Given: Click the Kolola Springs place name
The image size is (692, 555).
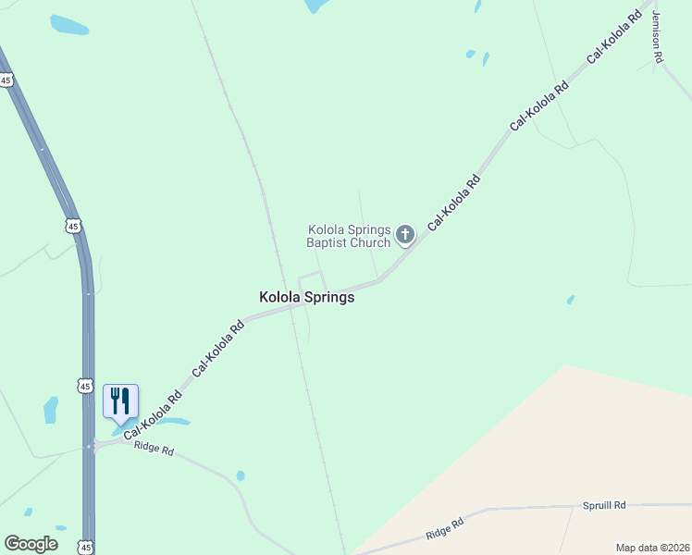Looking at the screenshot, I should [x=305, y=298].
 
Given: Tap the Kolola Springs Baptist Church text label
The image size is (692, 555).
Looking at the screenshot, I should [x=349, y=236].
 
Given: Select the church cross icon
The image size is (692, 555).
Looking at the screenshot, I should [x=404, y=235].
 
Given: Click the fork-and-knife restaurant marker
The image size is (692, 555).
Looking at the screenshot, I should [x=120, y=401].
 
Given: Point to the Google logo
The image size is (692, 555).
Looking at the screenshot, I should [x=31, y=544].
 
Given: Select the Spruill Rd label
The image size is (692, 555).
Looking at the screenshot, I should [x=604, y=505].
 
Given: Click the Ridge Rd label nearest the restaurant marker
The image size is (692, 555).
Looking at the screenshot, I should [x=154, y=450].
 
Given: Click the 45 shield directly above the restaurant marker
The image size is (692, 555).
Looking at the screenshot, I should [x=85, y=385].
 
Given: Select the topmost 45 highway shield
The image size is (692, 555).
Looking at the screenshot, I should [x=6, y=80].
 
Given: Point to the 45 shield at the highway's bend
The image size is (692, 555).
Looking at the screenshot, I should [x=74, y=225].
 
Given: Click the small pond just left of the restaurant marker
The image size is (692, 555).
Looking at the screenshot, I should [x=50, y=409].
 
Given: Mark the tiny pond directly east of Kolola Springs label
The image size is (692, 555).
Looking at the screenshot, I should [x=570, y=300].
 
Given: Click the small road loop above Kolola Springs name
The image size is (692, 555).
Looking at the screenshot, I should [x=312, y=281].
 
